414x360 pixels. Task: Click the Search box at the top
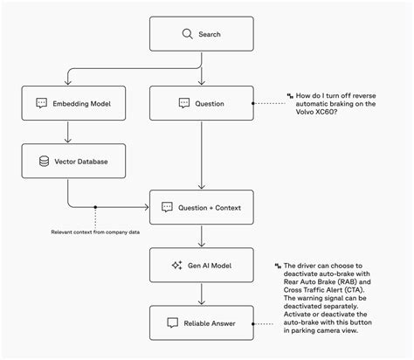(202, 34)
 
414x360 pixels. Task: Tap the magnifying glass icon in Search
(186, 34)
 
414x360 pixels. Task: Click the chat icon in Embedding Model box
(41, 103)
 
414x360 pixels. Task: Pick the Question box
(202, 103)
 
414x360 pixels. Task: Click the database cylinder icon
(45, 161)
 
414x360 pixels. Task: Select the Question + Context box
(202, 207)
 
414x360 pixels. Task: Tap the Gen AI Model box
(202, 265)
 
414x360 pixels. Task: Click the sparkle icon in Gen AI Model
(178, 265)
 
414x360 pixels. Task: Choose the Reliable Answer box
(202, 322)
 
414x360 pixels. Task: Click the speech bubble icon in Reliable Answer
(172, 322)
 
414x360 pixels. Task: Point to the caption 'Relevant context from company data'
(93, 232)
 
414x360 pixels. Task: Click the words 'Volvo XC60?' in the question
(316, 111)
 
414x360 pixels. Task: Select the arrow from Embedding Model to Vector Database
(68, 132)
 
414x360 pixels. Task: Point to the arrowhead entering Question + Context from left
(147, 207)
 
